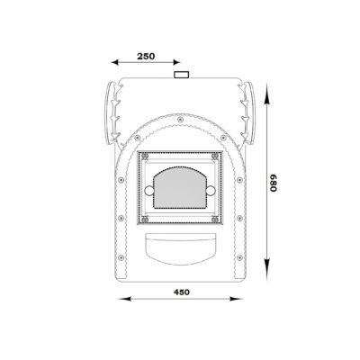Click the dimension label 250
click(x=146, y=56)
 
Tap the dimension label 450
click(x=182, y=292)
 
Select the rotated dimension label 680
click(x=273, y=183)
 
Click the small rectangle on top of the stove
click(x=182, y=75)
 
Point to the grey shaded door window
click(x=180, y=188)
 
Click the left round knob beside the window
click(x=149, y=190)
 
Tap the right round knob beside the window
click(x=211, y=190)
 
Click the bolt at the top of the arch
click(x=180, y=120)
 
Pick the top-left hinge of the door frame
click(x=145, y=156)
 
